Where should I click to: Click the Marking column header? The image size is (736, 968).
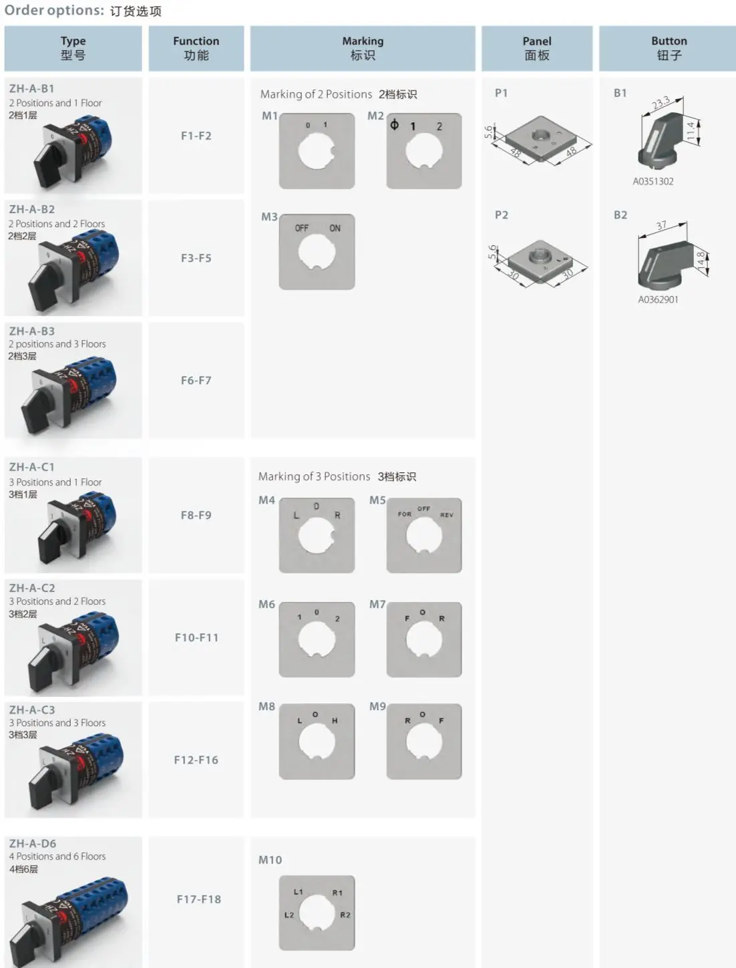tap(363, 48)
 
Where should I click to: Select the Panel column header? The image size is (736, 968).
tap(536, 48)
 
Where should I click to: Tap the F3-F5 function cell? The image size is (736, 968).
tap(196, 258)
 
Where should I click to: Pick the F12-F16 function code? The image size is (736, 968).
tap(196, 760)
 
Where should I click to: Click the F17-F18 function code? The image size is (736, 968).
tap(198, 899)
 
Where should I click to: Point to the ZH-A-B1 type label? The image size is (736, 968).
tap(32, 88)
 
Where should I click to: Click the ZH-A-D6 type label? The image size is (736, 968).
tap(33, 844)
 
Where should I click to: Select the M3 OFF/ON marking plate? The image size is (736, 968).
tap(317, 252)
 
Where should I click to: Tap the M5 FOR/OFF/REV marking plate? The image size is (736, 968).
tap(424, 535)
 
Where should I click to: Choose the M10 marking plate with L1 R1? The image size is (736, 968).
tap(317, 913)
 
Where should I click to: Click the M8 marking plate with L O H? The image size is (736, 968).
tap(317, 742)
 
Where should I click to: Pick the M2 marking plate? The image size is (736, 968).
tap(424, 151)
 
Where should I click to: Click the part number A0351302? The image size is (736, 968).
tap(653, 181)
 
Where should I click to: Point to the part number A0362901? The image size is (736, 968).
tap(658, 299)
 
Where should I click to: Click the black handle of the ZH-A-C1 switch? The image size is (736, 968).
tap(50, 546)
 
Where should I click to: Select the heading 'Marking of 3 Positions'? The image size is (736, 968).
tap(314, 476)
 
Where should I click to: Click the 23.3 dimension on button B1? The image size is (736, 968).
tap(661, 103)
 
